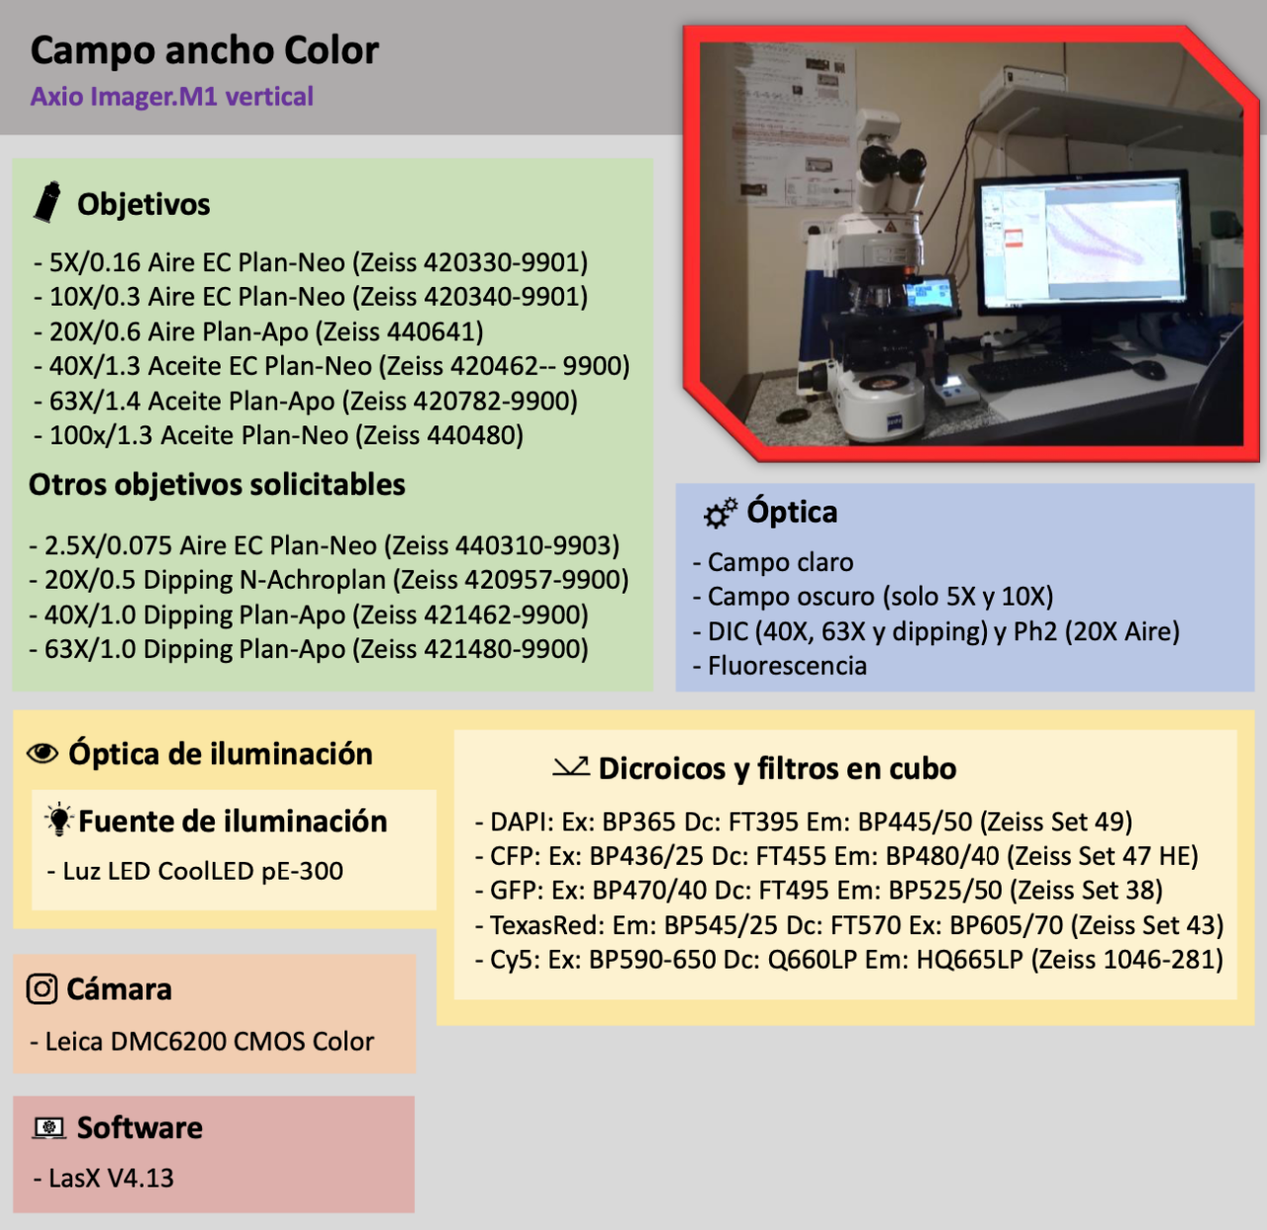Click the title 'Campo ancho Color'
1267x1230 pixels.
pyautogui.click(x=204, y=50)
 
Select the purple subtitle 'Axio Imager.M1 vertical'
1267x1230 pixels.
pyautogui.click(x=171, y=97)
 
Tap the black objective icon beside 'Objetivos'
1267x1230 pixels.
pyautogui.click(x=47, y=202)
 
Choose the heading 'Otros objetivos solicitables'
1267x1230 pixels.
pyautogui.click(x=217, y=485)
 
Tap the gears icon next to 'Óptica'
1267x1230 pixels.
pyautogui.click(x=720, y=512)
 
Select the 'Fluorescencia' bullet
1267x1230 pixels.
pyautogui.click(x=787, y=666)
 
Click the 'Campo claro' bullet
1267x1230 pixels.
pyautogui.click(x=780, y=562)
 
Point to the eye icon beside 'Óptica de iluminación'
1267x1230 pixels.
pyautogui.click(x=43, y=754)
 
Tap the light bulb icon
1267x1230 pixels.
pyautogui.click(x=59, y=819)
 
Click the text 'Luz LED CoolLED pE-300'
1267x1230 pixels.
pyautogui.click(x=203, y=871)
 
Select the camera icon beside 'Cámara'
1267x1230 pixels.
pyautogui.click(x=42, y=989)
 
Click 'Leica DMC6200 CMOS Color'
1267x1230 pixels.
pyautogui.click(x=209, y=1041)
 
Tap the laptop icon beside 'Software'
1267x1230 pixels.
pyautogui.click(x=49, y=1127)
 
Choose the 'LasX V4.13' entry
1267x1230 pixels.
pyautogui.click(x=111, y=1178)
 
